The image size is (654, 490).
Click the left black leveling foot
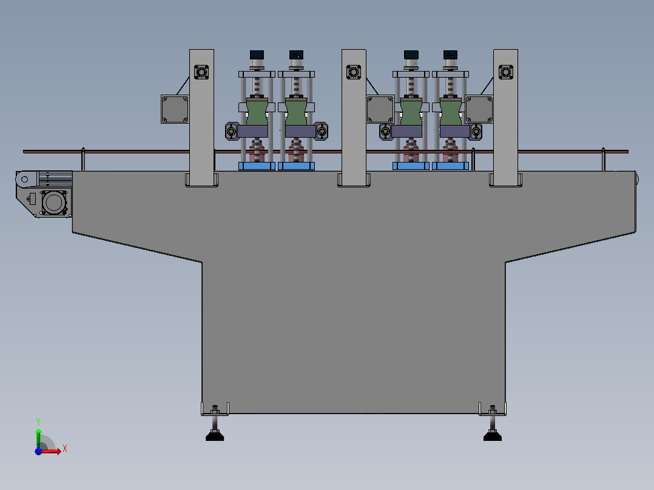click(x=215, y=435)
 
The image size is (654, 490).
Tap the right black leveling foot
click(x=492, y=435)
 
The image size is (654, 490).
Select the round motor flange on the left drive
click(x=54, y=201)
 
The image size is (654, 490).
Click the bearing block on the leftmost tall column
click(x=201, y=73)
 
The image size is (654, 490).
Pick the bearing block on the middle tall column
click(x=354, y=73)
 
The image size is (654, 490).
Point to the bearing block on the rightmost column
click(x=505, y=73)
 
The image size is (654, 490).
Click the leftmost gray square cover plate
click(x=175, y=109)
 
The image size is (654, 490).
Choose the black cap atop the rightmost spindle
click(x=450, y=55)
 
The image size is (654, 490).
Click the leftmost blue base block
click(x=257, y=166)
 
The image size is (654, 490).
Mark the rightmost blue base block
click(x=450, y=166)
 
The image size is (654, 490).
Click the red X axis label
click(x=65, y=448)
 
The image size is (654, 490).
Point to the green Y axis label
click(x=38, y=420)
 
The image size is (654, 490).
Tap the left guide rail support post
click(x=83, y=159)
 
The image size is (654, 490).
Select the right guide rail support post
click(x=603, y=159)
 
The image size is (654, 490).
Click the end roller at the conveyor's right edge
click(x=637, y=178)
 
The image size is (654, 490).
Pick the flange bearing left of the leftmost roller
click(x=232, y=130)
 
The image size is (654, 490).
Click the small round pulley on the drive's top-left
click(x=23, y=180)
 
